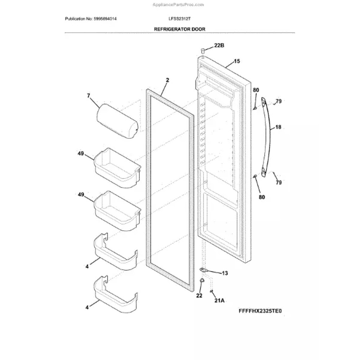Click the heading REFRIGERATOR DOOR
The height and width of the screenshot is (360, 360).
pos(179,29)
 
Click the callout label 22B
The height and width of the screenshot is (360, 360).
pos(219,45)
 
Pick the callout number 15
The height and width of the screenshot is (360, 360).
pos(237,62)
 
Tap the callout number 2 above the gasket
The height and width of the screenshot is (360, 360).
pos(167,81)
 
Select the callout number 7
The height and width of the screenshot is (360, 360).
pos(88,96)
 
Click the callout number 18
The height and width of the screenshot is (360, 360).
pos(278,127)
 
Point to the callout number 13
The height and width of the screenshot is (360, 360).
pos(225,273)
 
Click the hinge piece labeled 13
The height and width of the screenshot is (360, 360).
pos(204,270)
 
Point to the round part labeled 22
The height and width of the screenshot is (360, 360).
pos(202,281)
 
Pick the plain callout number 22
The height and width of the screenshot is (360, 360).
pos(199,296)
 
